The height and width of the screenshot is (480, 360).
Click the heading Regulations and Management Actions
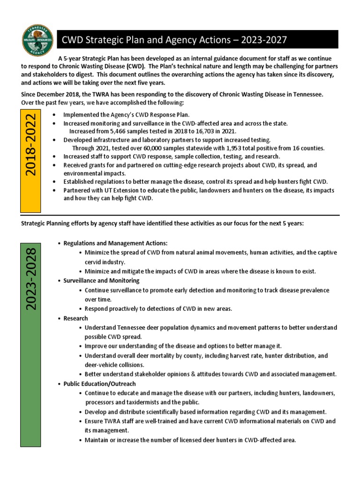115,243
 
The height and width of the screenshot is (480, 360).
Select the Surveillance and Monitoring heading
101,280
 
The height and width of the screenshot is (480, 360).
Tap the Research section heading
75,318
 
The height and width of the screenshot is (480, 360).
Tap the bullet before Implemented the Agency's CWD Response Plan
56,115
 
